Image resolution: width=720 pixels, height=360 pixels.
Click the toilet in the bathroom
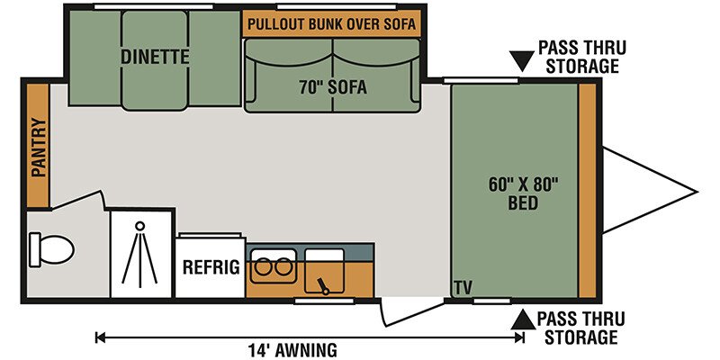point(51,250)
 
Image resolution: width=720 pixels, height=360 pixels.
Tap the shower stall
point(140,254)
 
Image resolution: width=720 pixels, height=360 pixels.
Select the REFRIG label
point(211,266)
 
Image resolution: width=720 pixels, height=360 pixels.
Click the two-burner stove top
point(274,265)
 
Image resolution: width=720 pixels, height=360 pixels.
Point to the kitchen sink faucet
point(324,285)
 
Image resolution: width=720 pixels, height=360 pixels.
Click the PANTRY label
point(39,148)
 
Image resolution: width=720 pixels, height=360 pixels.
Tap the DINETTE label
point(155,57)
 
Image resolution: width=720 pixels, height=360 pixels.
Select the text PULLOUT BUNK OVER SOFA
point(331,24)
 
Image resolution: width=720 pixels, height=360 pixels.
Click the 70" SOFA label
point(333,86)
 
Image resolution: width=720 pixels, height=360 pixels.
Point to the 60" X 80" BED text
point(523,193)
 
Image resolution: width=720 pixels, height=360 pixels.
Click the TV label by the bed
point(463,288)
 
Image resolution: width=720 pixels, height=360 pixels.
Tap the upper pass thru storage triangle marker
point(522,60)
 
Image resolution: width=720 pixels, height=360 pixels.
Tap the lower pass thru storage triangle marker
point(523,319)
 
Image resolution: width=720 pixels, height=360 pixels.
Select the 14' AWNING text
point(292,350)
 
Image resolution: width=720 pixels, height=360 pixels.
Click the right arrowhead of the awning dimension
point(519,337)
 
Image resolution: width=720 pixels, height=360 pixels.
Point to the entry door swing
point(412,313)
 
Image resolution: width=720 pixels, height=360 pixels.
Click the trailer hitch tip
point(697,192)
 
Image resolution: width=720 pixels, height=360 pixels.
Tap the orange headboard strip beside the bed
point(587,191)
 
